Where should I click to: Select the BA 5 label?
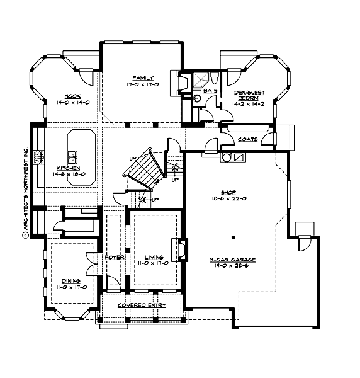[x=210, y=91]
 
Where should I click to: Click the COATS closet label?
[x=247, y=139]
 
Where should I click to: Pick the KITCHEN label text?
[x=67, y=168]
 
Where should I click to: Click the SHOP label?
[x=227, y=193]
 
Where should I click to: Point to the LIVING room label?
[x=154, y=256]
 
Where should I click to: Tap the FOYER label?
[x=114, y=257]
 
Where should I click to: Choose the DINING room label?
[x=70, y=281]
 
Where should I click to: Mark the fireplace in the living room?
[x=179, y=250]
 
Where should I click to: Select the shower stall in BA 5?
[x=201, y=79]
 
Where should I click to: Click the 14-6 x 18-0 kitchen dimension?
[x=67, y=175]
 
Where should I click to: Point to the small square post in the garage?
[x=233, y=238]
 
